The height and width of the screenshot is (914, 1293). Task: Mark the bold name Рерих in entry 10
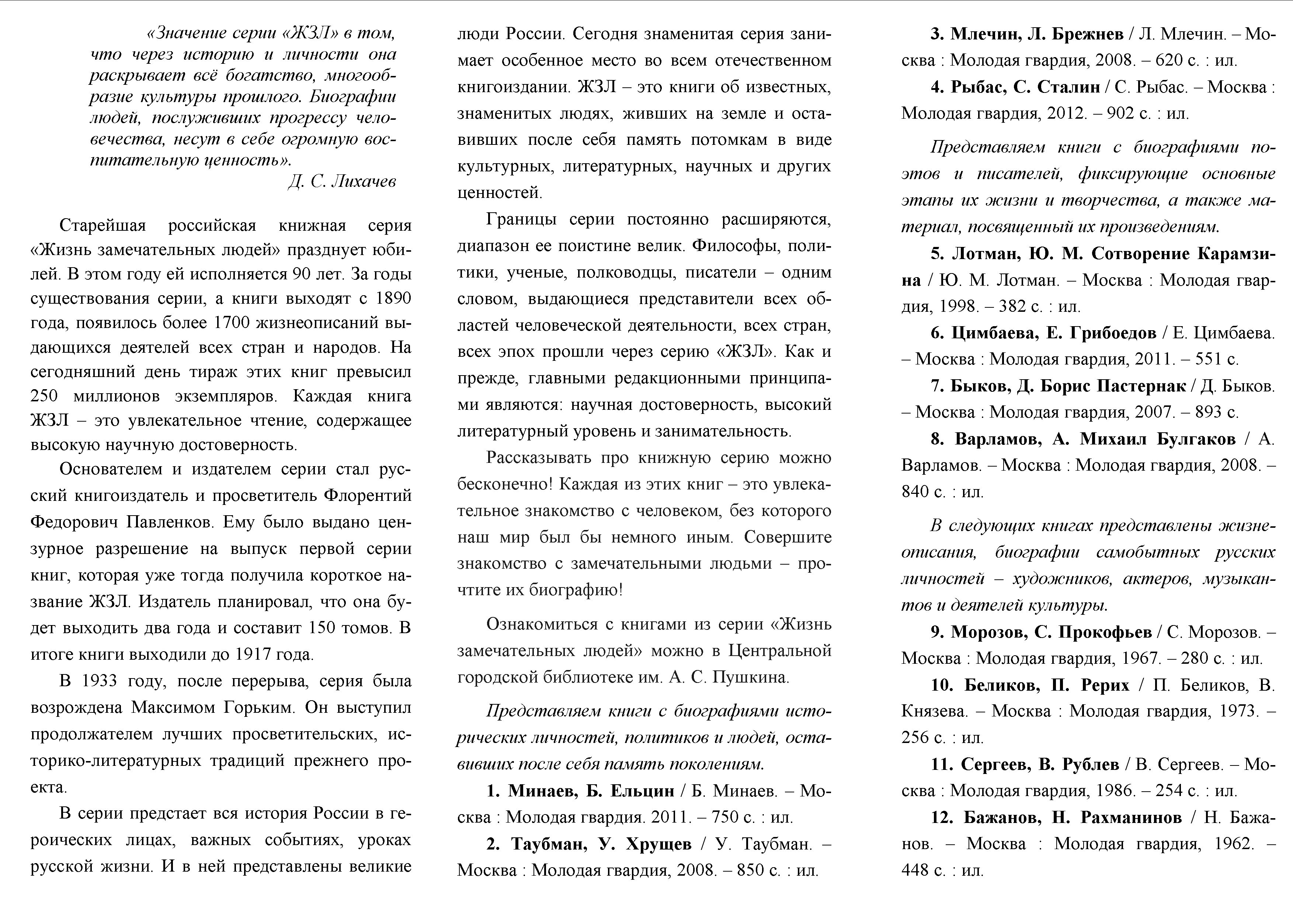pos(1105,685)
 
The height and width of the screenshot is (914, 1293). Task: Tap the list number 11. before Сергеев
pos(943,764)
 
